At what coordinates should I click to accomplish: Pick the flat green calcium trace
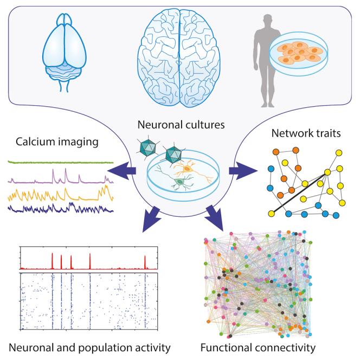pyautogui.click(x=60, y=162)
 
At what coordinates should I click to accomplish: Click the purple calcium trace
pyautogui.click(x=60, y=178)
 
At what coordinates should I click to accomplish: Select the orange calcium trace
pyautogui.click(x=60, y=194)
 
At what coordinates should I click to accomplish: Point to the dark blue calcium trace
pyautogui.click(x=60, y=208)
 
